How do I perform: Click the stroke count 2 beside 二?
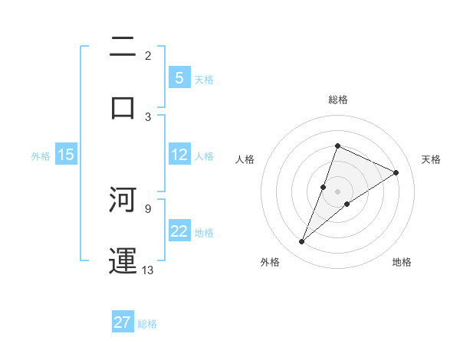pyautogui.click(x=148, y=56)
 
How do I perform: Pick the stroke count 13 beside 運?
pyautogui.click(x=148, y=270)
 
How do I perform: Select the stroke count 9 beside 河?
pyautogui.click(x=148, y=208)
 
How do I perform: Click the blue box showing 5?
pyautogui.click(x=179, y=77)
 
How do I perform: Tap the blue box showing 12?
pyautogui.click(x=179, y=155)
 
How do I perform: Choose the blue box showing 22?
pyautogui.click(x=179, y=231)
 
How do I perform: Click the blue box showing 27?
pyautogui.click(x=123, y=322)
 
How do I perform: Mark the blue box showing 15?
pyautogui.click(x=66, y=155)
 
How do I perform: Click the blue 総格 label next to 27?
pyautogui.click(x=147, y=324)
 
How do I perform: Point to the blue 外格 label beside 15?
pyautogui.click(x=41, y=156)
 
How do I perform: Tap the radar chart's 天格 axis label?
pyautogui.click(x=431, y=159)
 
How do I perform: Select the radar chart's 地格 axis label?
pyautogui.click(x=402, y=262)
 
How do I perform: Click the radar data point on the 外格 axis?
pyautogui.click(x=302, y=242)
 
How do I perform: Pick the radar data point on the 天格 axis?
pyautogui.click(x=396, y=172)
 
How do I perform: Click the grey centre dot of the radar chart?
pyautogui.click(x=337, y=191)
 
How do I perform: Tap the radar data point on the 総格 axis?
pyautogui.click(x=337, y=146)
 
